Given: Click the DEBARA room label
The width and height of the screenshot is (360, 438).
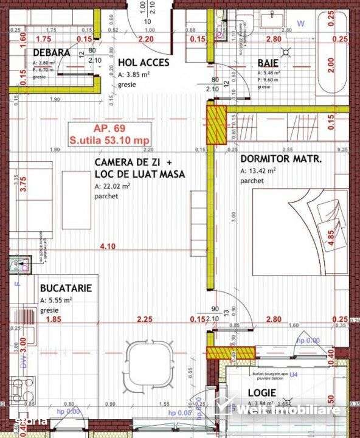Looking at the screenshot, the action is (52, 53).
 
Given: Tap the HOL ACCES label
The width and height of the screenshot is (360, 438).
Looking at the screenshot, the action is (143, 62).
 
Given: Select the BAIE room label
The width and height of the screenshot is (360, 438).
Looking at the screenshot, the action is (268, 62).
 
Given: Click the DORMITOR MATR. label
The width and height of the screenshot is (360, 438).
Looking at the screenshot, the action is (281, 159).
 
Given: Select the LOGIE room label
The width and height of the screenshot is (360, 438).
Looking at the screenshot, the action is (262, 392).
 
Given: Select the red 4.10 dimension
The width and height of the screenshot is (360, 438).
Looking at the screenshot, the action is (107, 246).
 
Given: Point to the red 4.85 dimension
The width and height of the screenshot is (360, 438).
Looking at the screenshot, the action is (330, 237).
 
